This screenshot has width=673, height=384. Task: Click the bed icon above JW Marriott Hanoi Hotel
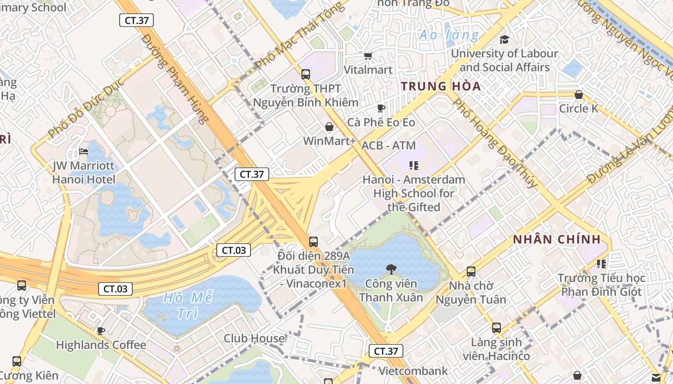click(x=84, y=152)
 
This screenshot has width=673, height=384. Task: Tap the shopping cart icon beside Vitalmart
click(x=368, y=56)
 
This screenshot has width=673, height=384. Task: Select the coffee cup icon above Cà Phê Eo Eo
click(x=381, y=108)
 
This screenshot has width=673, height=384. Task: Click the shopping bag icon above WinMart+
click(x=329, y=127)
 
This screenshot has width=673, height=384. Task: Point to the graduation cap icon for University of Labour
click(x=504, y=39)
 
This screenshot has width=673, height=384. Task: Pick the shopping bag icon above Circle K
click(x=579, y=95)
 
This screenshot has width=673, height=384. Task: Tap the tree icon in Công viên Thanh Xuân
click(x=391, y=269)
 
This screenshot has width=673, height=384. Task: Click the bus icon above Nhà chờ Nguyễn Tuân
click(x=471, y=272)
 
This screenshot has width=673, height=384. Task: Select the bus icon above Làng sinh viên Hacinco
click(x=496, y=328)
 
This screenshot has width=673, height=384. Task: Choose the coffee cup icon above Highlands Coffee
click(x=101, y=331)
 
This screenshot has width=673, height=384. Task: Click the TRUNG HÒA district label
click(x=441, y=86)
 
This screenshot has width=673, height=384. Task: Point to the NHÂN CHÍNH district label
click(x=557, y=240)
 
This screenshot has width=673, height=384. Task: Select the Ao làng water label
click(x=449, y=35)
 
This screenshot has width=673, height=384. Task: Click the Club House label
click(x=254, y=338)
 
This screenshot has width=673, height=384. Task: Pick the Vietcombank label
click(x=413, y=371)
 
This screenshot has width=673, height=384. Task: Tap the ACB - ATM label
click(x=388, y=145)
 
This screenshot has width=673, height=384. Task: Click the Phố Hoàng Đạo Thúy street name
click(x=495, y=143)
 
